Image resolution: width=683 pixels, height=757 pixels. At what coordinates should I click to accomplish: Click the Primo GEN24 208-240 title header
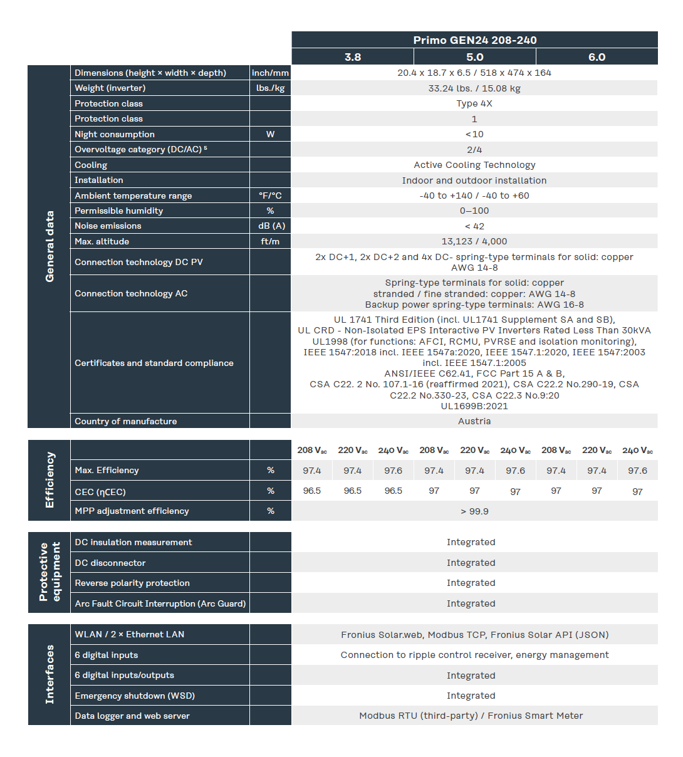474,40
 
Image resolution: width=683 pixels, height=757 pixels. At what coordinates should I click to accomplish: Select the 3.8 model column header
353,57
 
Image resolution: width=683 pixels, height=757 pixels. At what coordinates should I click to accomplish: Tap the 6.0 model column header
597,57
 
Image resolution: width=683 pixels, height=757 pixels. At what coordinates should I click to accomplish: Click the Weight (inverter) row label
110,88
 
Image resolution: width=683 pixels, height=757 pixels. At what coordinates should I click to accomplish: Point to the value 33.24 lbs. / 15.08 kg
474,88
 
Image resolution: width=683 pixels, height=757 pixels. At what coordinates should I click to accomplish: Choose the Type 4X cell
474,103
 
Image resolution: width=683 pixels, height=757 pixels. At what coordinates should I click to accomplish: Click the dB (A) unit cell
271,226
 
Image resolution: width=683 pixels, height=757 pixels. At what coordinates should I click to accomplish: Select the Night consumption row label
115,134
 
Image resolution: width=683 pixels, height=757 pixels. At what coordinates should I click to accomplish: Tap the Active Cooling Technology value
474,165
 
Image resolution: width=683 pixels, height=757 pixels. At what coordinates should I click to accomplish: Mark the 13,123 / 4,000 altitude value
474,241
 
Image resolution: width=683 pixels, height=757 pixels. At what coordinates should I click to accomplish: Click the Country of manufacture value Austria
474,421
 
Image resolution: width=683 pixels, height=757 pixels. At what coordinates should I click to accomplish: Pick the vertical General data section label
50,246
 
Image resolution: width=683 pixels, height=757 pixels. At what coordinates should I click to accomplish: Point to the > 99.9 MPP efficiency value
474,511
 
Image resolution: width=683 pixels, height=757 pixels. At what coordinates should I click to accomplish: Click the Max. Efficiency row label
107,470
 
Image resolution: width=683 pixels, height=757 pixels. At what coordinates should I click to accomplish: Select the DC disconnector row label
110,563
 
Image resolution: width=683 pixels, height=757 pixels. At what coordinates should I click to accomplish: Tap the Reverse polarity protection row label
132,583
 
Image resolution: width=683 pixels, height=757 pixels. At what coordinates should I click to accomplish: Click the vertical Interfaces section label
50,674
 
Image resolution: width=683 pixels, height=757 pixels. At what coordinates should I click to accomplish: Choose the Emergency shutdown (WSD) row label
135,696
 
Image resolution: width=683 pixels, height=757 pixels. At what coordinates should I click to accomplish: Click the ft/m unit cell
271,241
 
